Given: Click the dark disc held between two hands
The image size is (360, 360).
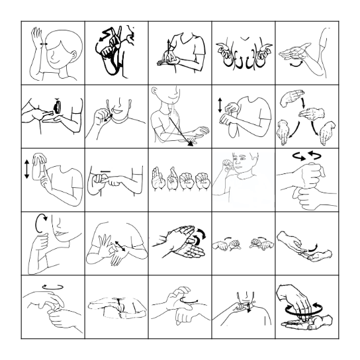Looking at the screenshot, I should (x=58, y=105).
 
